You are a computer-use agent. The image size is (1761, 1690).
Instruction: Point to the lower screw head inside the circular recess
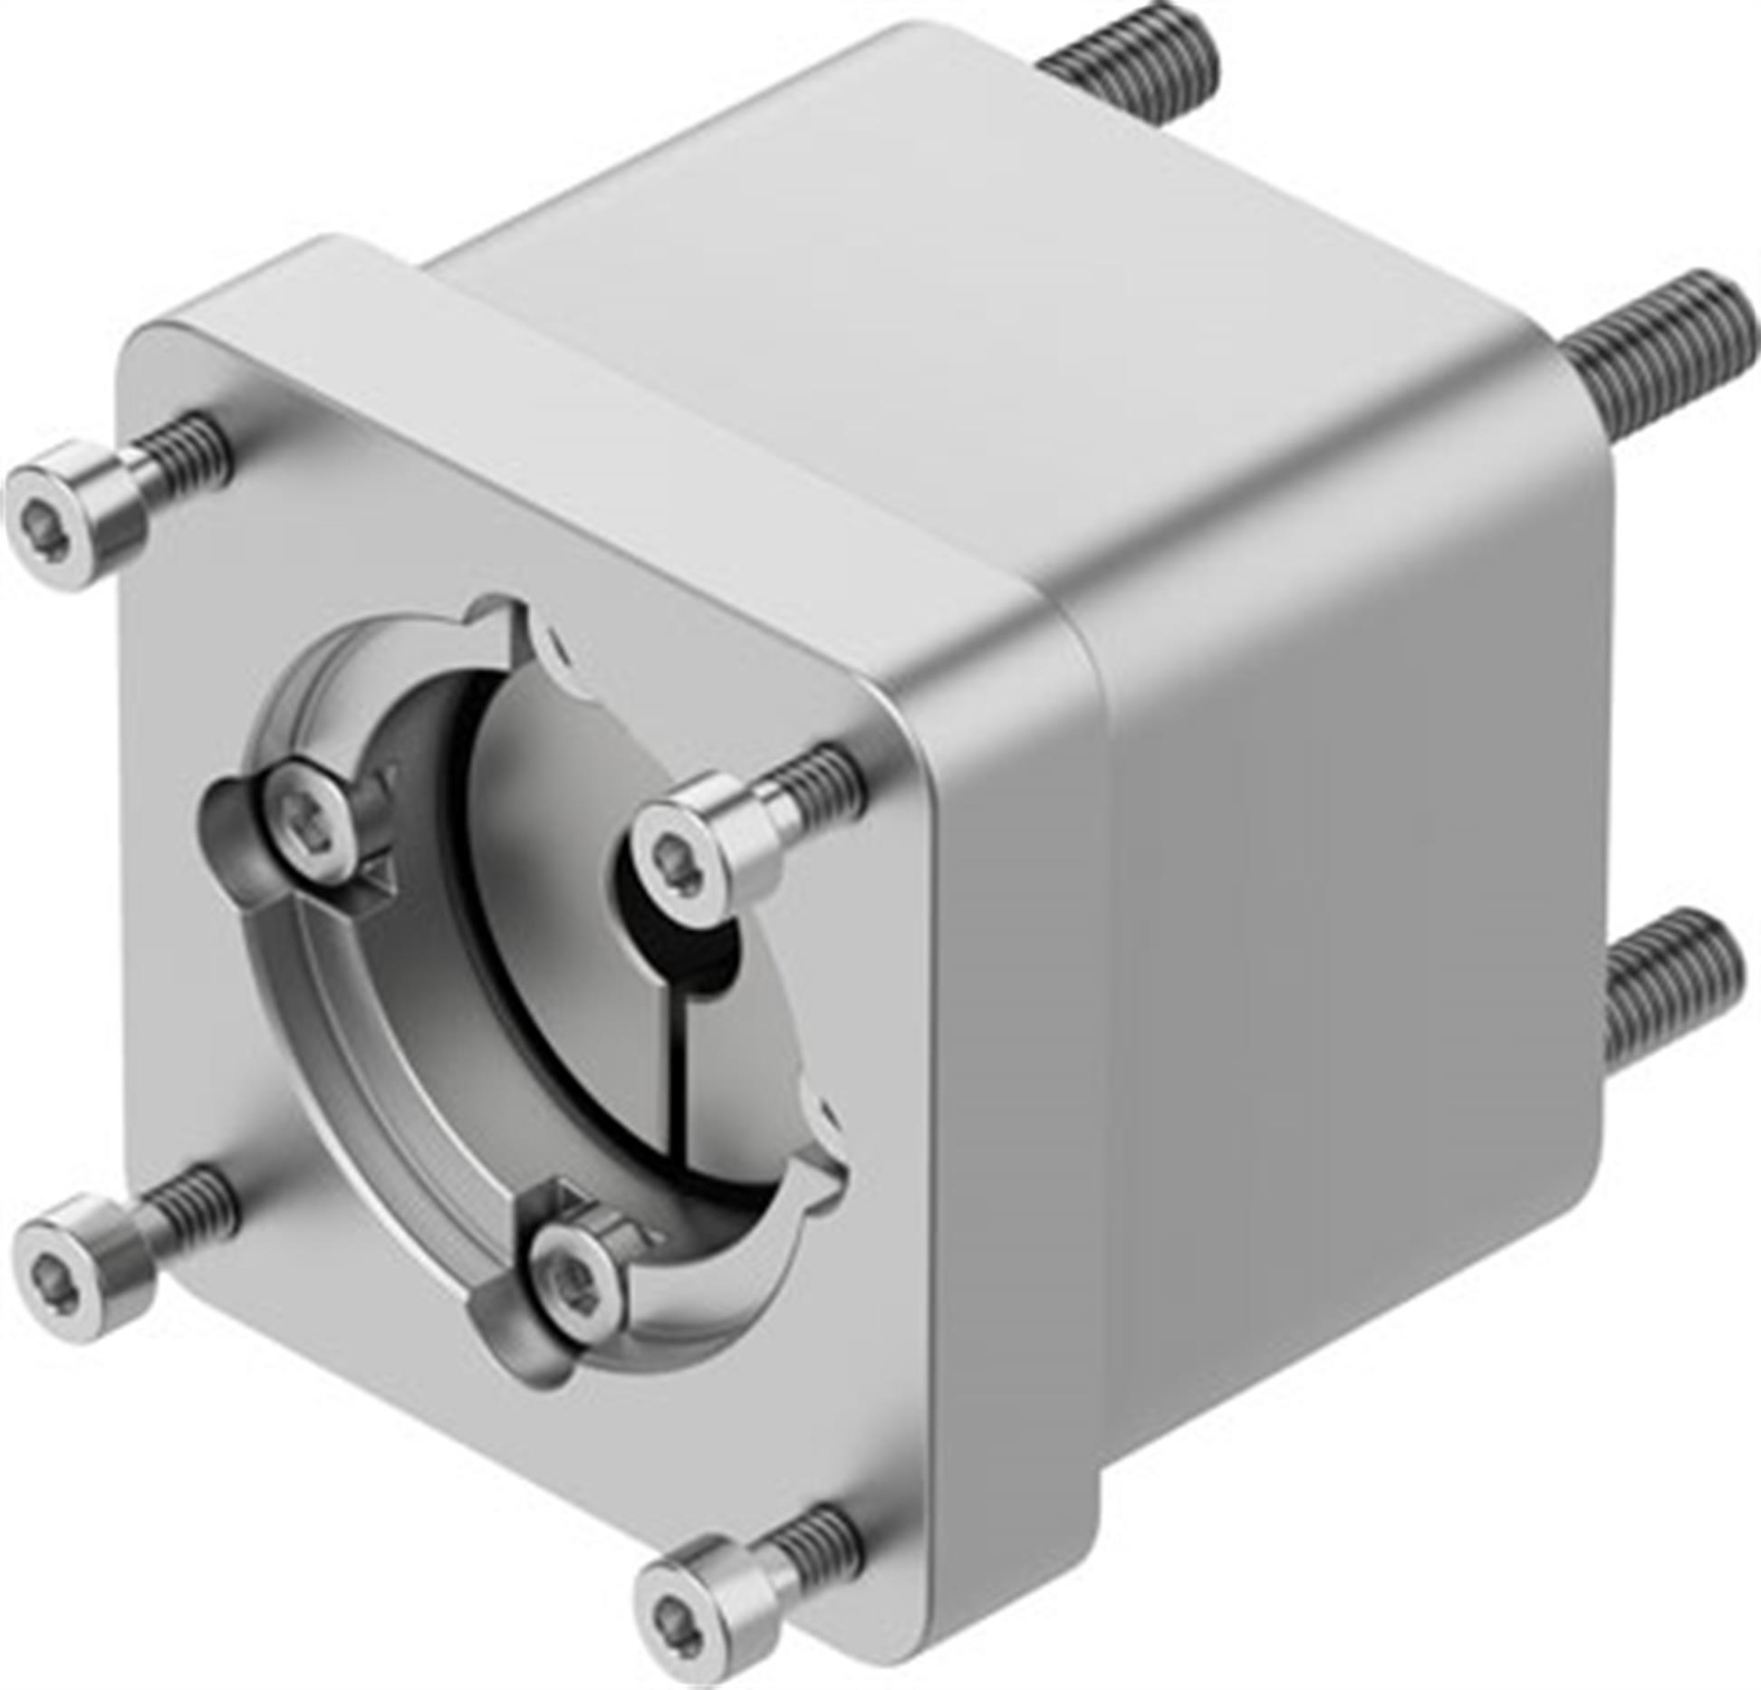[x=573, y=1279]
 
